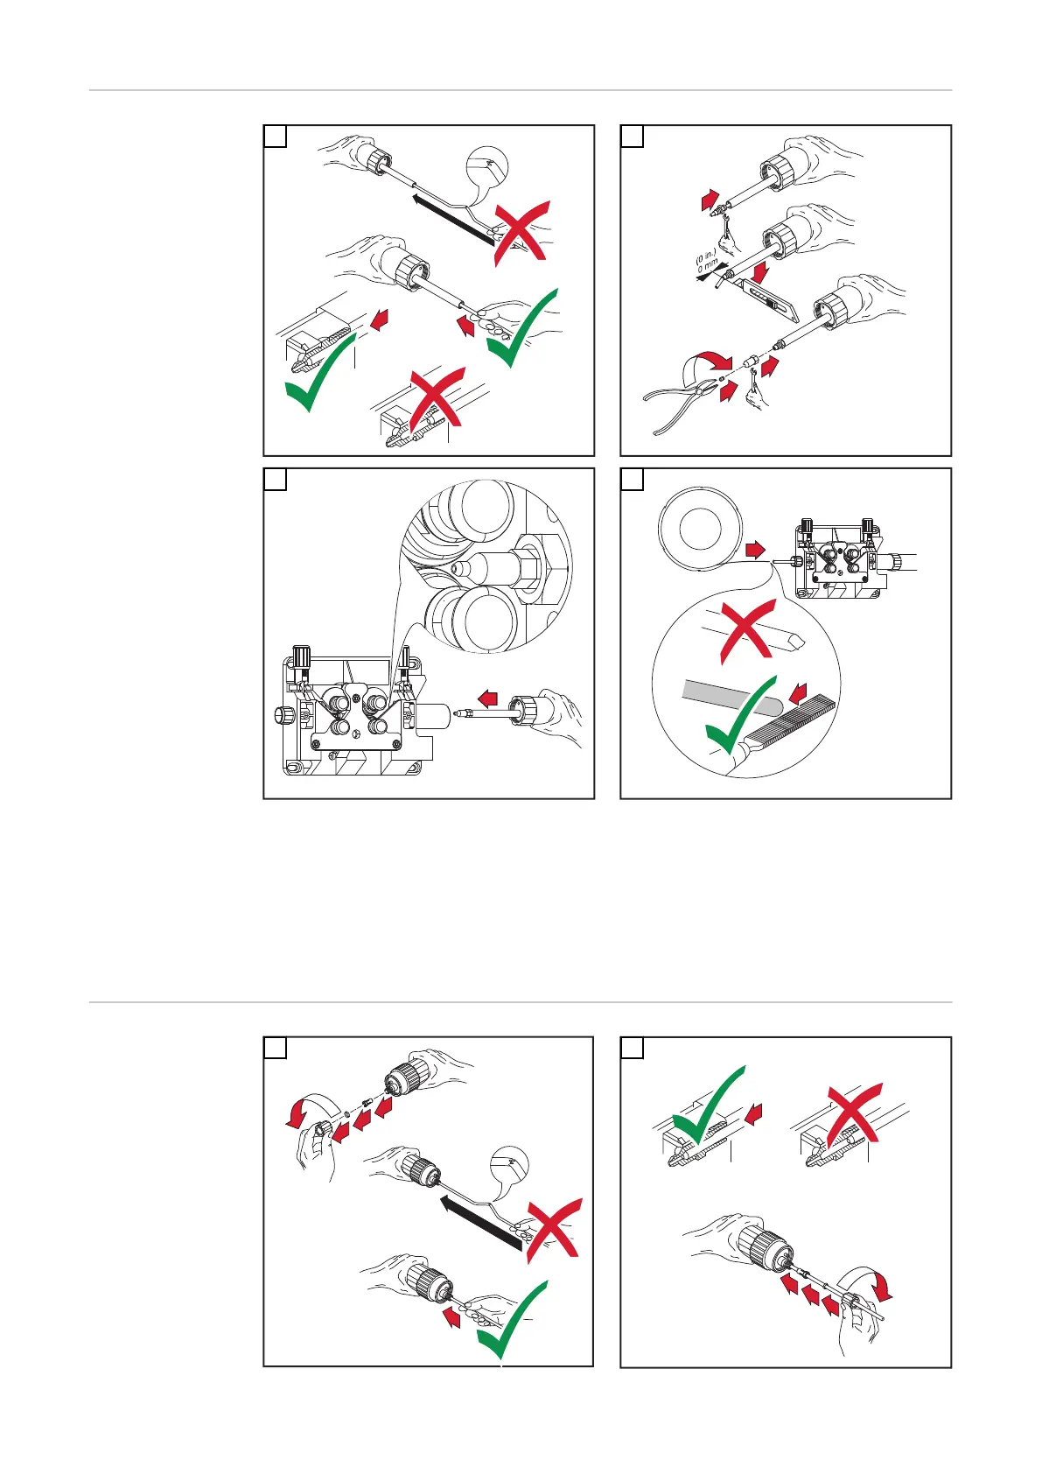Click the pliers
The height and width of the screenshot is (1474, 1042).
coord(678,399)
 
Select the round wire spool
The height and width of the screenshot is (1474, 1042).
coord(700,529)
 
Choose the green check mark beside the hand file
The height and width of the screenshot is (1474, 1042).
coord(739,714)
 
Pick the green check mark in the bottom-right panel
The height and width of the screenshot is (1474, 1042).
coord(706,1106)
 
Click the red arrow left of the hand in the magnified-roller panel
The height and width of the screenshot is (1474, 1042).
coord(487,698)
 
